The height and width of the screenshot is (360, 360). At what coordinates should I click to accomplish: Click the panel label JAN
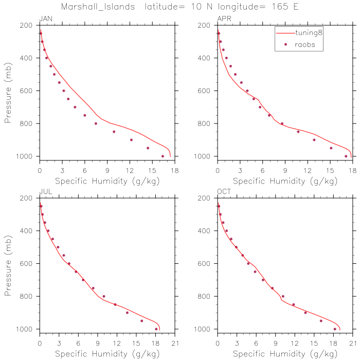point(46,19)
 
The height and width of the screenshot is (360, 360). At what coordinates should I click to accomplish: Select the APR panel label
point(224,19)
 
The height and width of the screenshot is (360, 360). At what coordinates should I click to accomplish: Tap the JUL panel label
point(45,192)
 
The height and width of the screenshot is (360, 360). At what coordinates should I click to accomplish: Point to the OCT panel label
point(224,192)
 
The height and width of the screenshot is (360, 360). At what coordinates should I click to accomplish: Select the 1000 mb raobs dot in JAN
point(163,156)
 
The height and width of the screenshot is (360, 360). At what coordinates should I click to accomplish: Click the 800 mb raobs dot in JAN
point(96,123)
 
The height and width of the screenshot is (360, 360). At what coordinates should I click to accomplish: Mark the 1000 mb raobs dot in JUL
point(156,329)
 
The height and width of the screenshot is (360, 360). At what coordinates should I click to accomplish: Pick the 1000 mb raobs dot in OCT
point(335,329)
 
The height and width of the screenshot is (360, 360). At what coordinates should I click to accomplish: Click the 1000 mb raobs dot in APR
point(346,156)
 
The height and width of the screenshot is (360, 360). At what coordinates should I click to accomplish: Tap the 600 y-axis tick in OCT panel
point(206,263)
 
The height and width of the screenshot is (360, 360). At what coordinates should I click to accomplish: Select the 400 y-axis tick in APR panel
point(206,58)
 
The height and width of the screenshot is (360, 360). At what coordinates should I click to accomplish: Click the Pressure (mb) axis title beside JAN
point(8,91)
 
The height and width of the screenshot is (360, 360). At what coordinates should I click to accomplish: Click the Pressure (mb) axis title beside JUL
point(8,263)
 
